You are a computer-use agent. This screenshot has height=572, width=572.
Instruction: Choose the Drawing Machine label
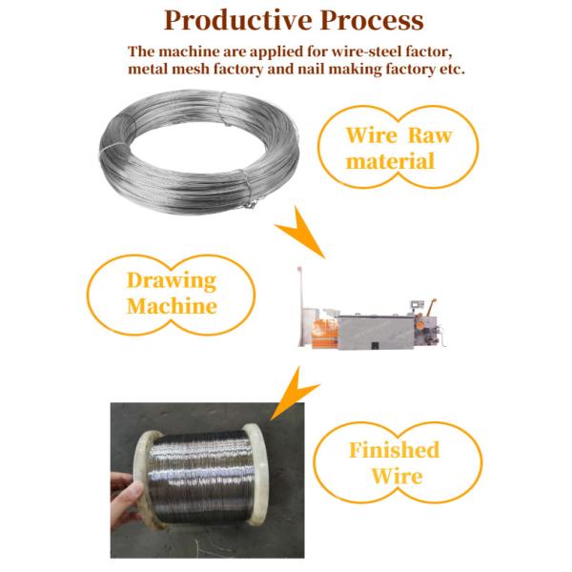pos(172,294)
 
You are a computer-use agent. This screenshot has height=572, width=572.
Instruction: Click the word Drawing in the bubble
pos(172,281)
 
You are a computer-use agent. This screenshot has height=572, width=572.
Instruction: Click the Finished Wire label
pos(394,461)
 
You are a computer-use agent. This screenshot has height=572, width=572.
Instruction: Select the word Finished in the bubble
pos(394,449)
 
